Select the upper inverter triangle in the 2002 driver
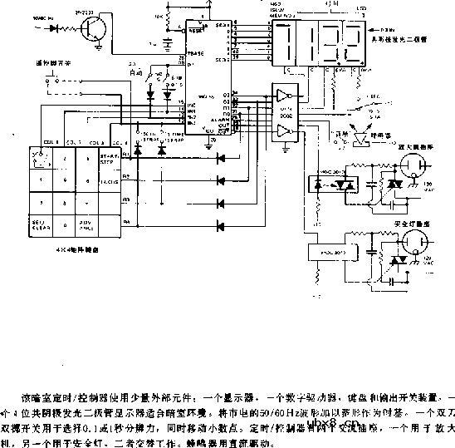[x=284, y=99]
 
